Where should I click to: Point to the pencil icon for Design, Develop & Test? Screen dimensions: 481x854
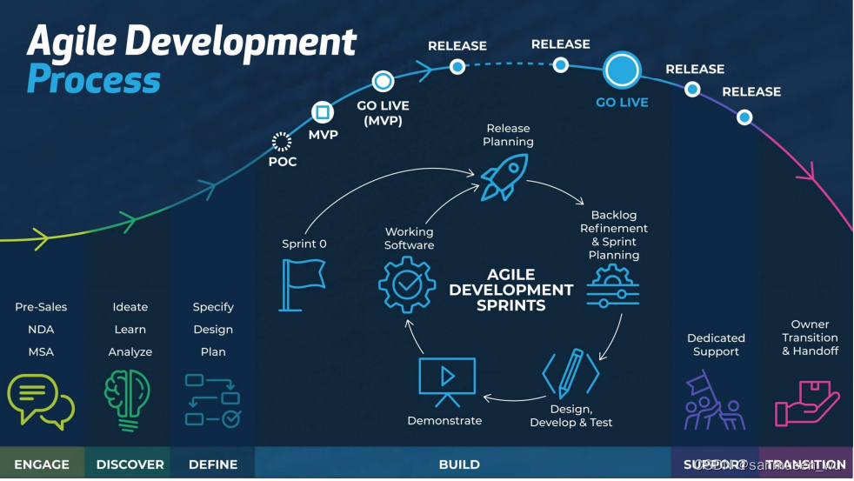(570, 374)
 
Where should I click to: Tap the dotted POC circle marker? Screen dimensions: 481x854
(281, 142)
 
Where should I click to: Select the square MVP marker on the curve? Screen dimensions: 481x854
(323, 112)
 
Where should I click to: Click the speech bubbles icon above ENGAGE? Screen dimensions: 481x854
(40, 400)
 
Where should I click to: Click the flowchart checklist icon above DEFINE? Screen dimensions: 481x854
(213, 401)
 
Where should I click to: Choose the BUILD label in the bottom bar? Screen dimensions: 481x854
(459, 464)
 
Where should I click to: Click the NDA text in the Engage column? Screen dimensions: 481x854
(41, 330)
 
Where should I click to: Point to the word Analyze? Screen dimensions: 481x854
(130, 352)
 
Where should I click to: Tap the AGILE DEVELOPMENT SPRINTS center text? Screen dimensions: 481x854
(511, 289)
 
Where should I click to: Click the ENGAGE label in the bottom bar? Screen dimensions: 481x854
(42, 464)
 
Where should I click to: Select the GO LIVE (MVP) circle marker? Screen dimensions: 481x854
(383, 82)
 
